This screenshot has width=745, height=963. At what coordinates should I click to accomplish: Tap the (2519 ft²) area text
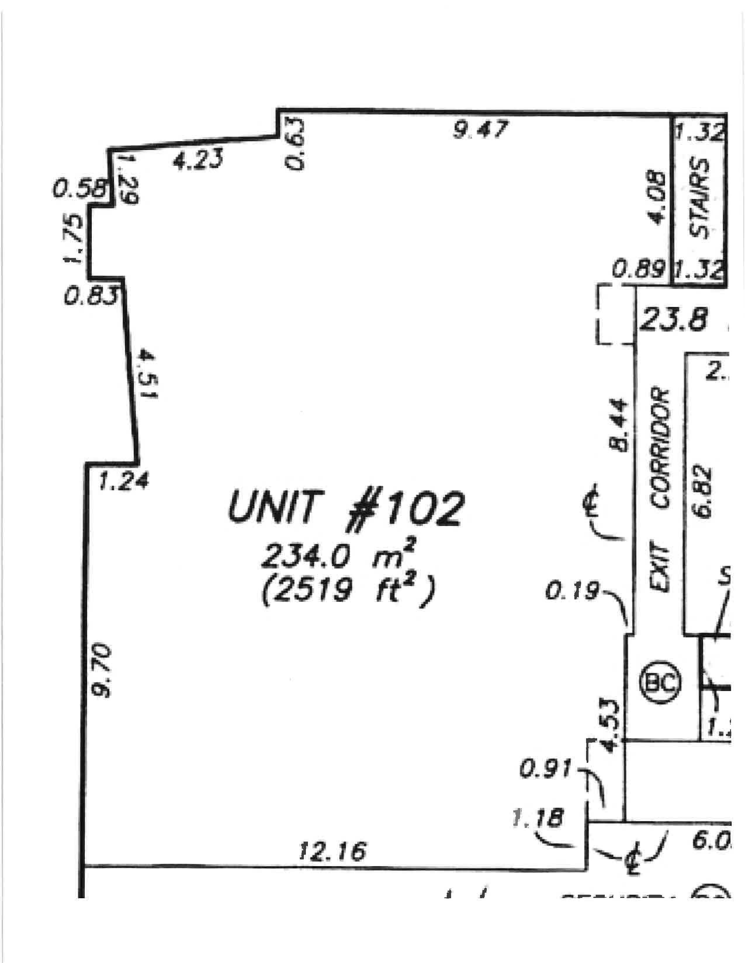(349, 592)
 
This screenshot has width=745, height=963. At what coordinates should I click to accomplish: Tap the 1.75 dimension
(72, 238)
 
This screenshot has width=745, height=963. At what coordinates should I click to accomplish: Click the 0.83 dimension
(91, 296)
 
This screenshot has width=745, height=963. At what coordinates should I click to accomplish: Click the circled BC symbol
(661, 683)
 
